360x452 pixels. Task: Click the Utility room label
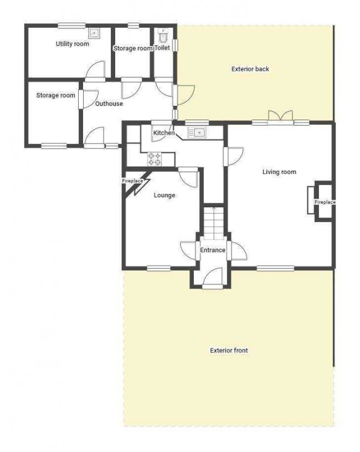click(x=72, y=44)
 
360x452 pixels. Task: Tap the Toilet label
click(x=162, y=48)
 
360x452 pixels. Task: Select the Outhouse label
click(x=109, y=104)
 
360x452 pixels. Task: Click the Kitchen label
click(x=163, y=133)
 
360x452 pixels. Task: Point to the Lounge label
click(x=164, y=195)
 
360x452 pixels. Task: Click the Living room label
click(x=279, y=172)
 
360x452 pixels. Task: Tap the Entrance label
click(x=213, y=250)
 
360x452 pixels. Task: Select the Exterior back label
click(x=250, y=69)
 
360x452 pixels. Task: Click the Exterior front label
click(x=229, y=350)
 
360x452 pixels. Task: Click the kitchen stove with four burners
click(x=155, y=160)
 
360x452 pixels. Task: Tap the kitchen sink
click(x=197, y=132)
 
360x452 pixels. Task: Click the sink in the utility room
click(x=94, y=33)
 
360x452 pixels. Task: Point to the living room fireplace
click(x=320, y=202)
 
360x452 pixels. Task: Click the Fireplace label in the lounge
click(x=132, y=181)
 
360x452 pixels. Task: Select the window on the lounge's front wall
click(x=158, y=269)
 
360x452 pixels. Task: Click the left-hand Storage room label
click(x=55, y=95)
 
